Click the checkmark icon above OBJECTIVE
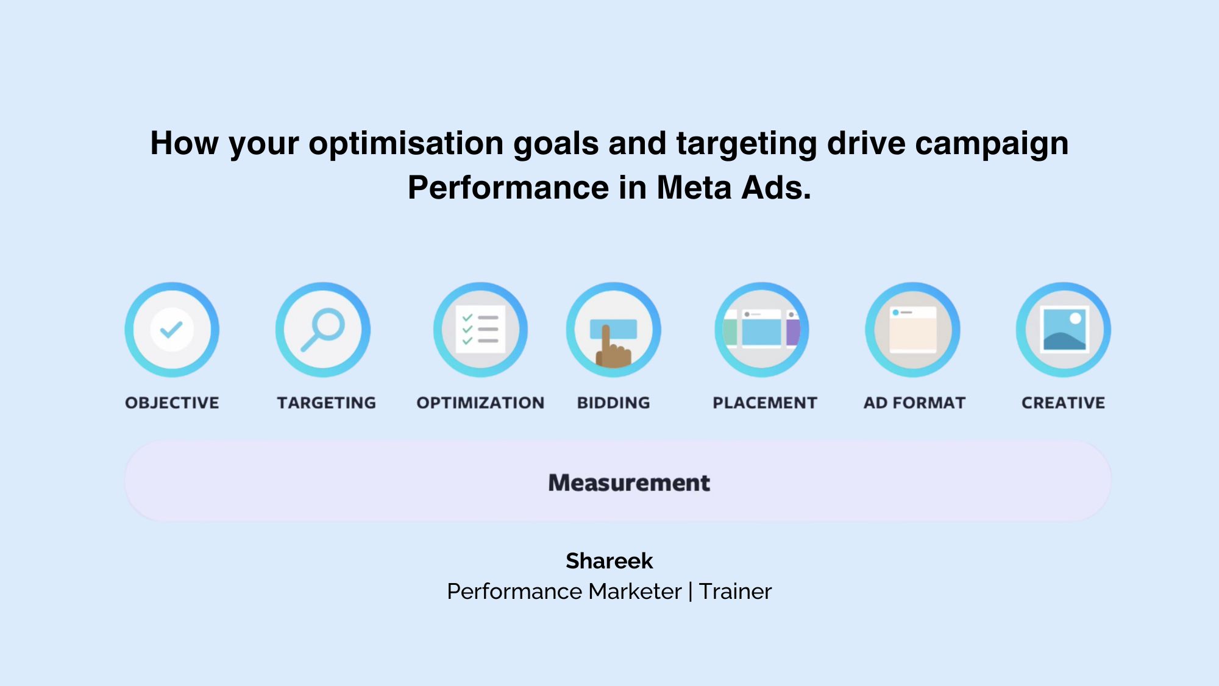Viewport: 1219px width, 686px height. tap(172, 330)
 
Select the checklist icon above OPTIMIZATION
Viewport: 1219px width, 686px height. tap(480, 330)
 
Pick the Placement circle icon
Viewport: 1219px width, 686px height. tap(762, 330)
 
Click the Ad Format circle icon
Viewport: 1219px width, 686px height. tap(912, 330)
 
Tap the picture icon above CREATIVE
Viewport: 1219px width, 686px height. tap(1064, 330)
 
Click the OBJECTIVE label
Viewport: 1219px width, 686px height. tap(172, 403)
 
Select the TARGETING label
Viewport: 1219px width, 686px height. tap(326, 403)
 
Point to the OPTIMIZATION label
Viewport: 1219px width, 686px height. tap(480, 403)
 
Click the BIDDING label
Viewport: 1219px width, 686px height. tap(613, 403)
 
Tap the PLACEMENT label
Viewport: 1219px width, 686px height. tap(764, 403)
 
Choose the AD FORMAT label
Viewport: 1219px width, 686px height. tap(914, 403)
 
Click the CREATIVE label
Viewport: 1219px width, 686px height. tap(1063, 403)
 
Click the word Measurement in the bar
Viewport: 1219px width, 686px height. tap(629, 483)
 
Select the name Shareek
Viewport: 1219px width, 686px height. tap(609, 560)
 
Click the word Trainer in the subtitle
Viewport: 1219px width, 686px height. tap(735, 592)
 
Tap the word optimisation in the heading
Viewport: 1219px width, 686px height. tap(406, 143)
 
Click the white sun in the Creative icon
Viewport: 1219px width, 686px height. tap(1075, 318)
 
